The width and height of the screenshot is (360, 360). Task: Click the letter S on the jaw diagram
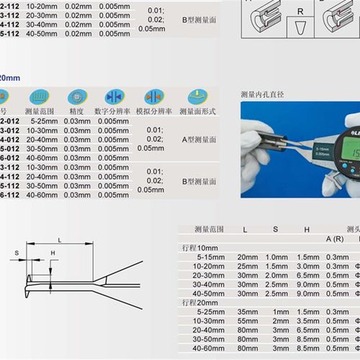[17, 253]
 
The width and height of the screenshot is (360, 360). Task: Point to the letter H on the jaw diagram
[53, 253]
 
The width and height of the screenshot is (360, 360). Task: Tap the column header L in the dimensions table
[246, 229]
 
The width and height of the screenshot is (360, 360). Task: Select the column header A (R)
[334, 238]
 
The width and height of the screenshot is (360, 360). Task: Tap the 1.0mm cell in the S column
[276, 256]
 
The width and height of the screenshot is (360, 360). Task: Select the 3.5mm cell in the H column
[307, 320]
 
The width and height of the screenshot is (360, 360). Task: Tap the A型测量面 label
[194, 138]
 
